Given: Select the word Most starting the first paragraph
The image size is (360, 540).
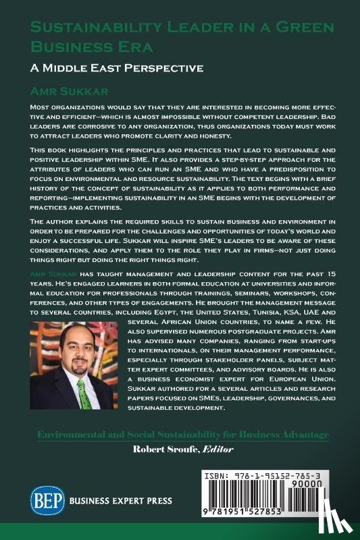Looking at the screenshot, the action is pyautogui.click(x=43, y=107).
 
